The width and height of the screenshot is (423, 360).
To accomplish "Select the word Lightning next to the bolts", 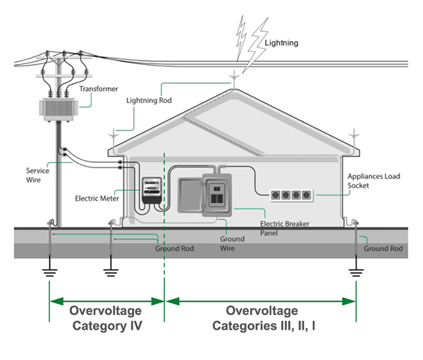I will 281,43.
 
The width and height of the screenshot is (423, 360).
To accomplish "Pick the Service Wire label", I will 37,175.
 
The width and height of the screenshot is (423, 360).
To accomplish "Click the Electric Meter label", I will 97,198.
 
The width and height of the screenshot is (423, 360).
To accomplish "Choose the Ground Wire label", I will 233,244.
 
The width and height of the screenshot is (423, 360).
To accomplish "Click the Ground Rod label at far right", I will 383,249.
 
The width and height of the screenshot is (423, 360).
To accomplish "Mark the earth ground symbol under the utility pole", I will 49,273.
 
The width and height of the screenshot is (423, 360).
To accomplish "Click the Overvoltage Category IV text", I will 106,318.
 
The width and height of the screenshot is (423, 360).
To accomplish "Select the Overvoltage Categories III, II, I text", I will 262,318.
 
